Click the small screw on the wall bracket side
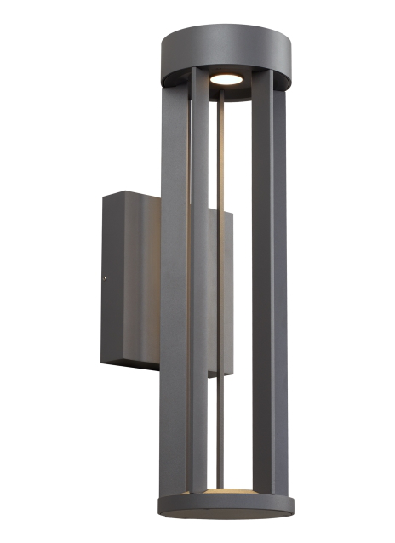(x=105, y=277)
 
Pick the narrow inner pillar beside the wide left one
(x=197, y=289)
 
